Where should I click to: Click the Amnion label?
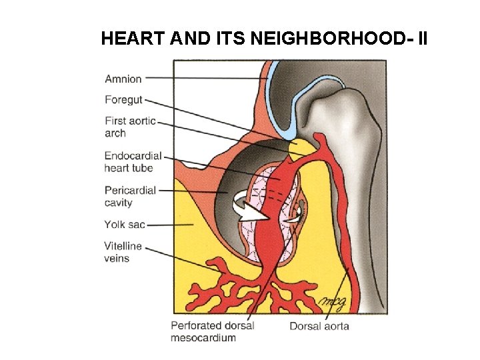point(123,79)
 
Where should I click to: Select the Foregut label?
point(124,100)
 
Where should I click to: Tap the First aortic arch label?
point(130,127)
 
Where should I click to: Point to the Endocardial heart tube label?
point(133,162)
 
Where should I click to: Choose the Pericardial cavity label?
point(130,196)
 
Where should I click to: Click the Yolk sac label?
point(125,224)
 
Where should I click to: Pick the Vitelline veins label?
point(123,252)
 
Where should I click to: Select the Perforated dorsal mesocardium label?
point(212,331)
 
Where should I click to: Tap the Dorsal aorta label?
point(319,326)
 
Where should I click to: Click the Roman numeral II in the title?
point(421,39)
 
